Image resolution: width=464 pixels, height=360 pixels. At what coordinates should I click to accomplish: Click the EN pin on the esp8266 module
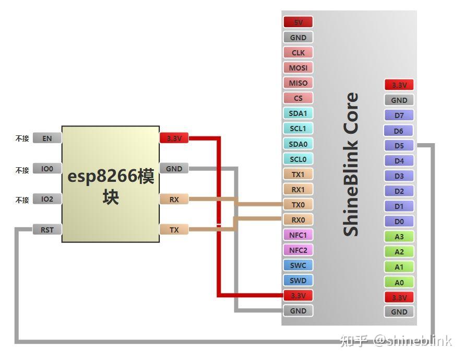click(x=47, y=138)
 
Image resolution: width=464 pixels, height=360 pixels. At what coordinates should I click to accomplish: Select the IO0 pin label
click(x=47, y=169)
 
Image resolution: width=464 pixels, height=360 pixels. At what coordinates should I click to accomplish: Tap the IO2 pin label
click(x=47, y=199)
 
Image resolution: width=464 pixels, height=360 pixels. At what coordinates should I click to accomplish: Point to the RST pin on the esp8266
click(x=47, y=229)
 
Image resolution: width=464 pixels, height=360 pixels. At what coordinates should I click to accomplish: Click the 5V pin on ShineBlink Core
click(x=298, y=22)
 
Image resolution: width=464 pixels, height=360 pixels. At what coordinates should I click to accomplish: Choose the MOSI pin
click(x=298, y=68)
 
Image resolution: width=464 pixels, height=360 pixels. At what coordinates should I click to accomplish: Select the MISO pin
click(x=298, y=83)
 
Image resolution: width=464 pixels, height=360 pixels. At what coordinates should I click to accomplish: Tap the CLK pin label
click(x=298, y=53)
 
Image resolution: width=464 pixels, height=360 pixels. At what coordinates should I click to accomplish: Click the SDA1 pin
click(x=298, y=113)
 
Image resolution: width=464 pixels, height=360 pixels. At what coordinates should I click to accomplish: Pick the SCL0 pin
click(x=298, y=159)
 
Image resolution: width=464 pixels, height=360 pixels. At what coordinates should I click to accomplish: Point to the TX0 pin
click(x=298, y=204)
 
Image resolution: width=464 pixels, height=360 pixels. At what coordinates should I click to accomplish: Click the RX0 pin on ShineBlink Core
click(x=298, y=219)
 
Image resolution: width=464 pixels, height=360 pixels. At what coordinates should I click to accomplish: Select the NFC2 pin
click(x=298, y=250)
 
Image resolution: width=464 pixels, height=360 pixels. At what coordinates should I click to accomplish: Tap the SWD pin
click(x=298, y=280)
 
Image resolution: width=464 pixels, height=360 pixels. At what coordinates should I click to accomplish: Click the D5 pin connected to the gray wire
click(x=399, y=146)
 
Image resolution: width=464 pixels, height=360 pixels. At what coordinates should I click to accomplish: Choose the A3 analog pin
click(x=399, y=237)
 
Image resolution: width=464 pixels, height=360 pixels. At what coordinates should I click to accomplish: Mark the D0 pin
click(x=399, y=222)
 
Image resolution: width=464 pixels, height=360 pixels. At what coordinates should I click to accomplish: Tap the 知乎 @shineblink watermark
click(x=395, y=341)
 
